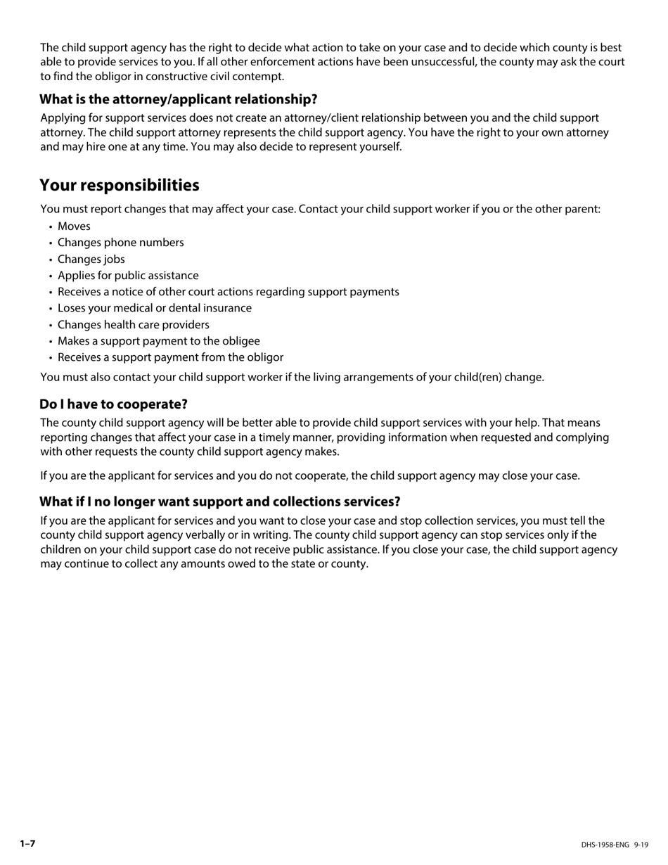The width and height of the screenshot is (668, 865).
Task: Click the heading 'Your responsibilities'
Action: pos(120,185)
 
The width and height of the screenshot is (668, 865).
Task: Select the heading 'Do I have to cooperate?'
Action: pos(113,404)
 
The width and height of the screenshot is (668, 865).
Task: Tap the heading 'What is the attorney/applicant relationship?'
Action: pos(179,99)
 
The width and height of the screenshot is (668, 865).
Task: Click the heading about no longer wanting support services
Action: pos(219,501)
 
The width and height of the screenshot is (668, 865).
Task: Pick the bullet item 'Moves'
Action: pos(74,226)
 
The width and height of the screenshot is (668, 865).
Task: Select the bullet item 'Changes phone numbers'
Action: pos(121,243)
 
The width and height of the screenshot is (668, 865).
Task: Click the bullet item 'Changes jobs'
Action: pos(91,259)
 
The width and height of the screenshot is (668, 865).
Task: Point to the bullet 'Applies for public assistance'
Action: pos(128,276)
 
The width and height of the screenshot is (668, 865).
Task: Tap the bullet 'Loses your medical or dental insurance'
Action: pos(155,308)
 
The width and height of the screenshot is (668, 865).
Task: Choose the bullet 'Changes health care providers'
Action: pos(134,325)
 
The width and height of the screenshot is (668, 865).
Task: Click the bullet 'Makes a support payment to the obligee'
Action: pos(159,341)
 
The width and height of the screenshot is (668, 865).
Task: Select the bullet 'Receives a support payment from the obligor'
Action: pos(171,357)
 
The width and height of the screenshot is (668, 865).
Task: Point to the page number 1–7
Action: pos(27,843)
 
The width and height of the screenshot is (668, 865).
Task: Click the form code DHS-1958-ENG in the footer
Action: pos(605,845)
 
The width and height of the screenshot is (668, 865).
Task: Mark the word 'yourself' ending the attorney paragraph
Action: pos(379,147)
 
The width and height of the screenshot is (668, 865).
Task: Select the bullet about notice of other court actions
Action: pos(229,292)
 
